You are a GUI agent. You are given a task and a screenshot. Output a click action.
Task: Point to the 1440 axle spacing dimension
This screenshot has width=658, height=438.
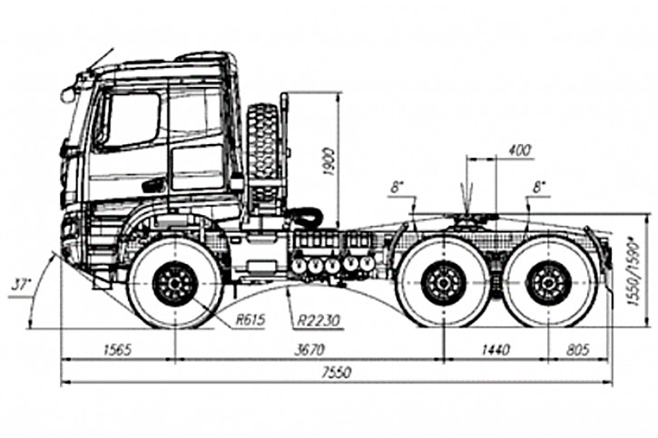pos(496,348)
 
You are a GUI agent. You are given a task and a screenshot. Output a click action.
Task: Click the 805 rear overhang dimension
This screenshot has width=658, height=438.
pos(577,348)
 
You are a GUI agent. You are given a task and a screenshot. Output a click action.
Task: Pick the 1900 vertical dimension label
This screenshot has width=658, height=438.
pos(329,161)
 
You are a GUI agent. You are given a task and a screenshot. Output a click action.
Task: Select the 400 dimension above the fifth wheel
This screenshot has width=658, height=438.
pos(520,150)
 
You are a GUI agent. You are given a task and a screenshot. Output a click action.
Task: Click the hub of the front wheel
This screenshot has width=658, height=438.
pos(175,284)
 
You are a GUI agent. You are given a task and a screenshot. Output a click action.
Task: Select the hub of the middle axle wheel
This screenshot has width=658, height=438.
pos(443,283)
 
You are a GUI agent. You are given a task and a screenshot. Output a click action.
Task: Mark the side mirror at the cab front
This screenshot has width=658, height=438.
pos(68,93)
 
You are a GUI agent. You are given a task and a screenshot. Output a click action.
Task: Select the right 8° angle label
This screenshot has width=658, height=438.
pos(541,186)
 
